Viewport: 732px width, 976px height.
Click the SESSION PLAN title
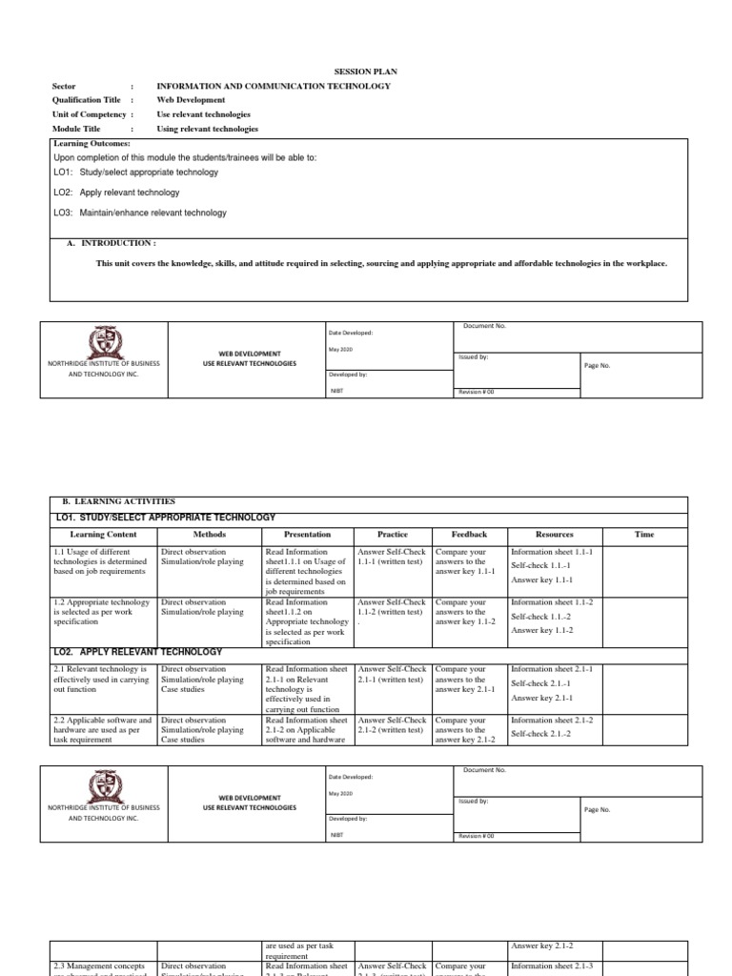(365, 71)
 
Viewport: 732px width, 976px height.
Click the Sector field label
(64, 86)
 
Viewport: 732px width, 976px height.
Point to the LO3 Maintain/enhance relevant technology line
(140, 213)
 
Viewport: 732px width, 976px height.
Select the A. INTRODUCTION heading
(111, 243)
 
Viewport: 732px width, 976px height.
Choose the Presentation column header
(307, 535)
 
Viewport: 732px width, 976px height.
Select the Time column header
(644, 535)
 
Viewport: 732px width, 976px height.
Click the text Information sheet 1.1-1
(552, 552)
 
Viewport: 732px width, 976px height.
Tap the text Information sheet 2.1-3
(552, 966)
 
